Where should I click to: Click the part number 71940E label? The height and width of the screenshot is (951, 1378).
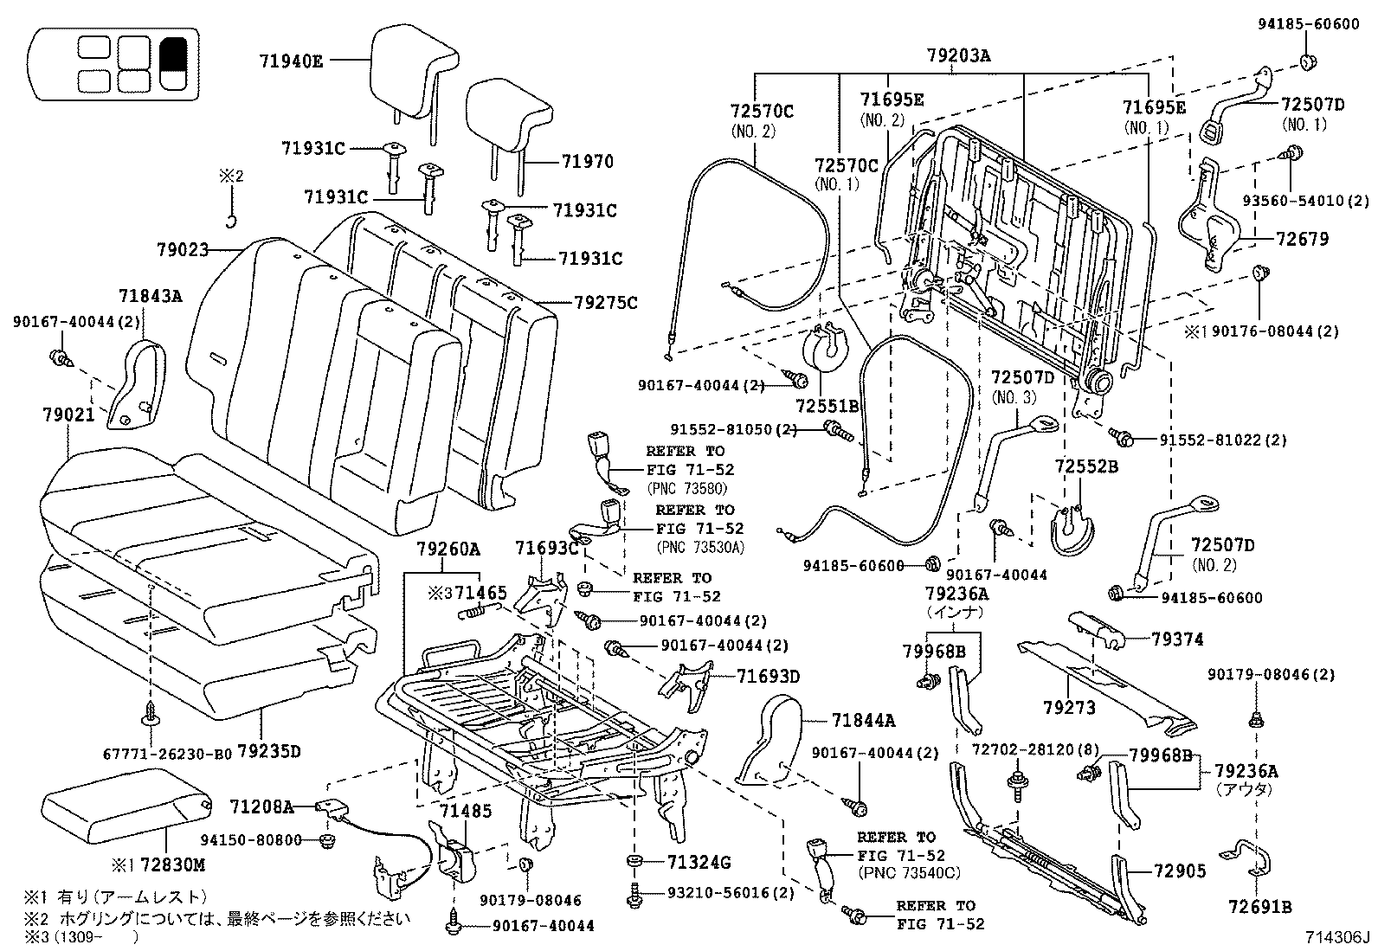290,61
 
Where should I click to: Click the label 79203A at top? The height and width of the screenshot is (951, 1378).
958,57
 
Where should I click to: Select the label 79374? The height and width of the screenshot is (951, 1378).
1177,639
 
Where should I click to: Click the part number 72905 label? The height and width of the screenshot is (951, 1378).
1178,871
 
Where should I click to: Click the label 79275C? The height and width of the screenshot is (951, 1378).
605,303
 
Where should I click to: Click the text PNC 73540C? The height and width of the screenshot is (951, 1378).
909,872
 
